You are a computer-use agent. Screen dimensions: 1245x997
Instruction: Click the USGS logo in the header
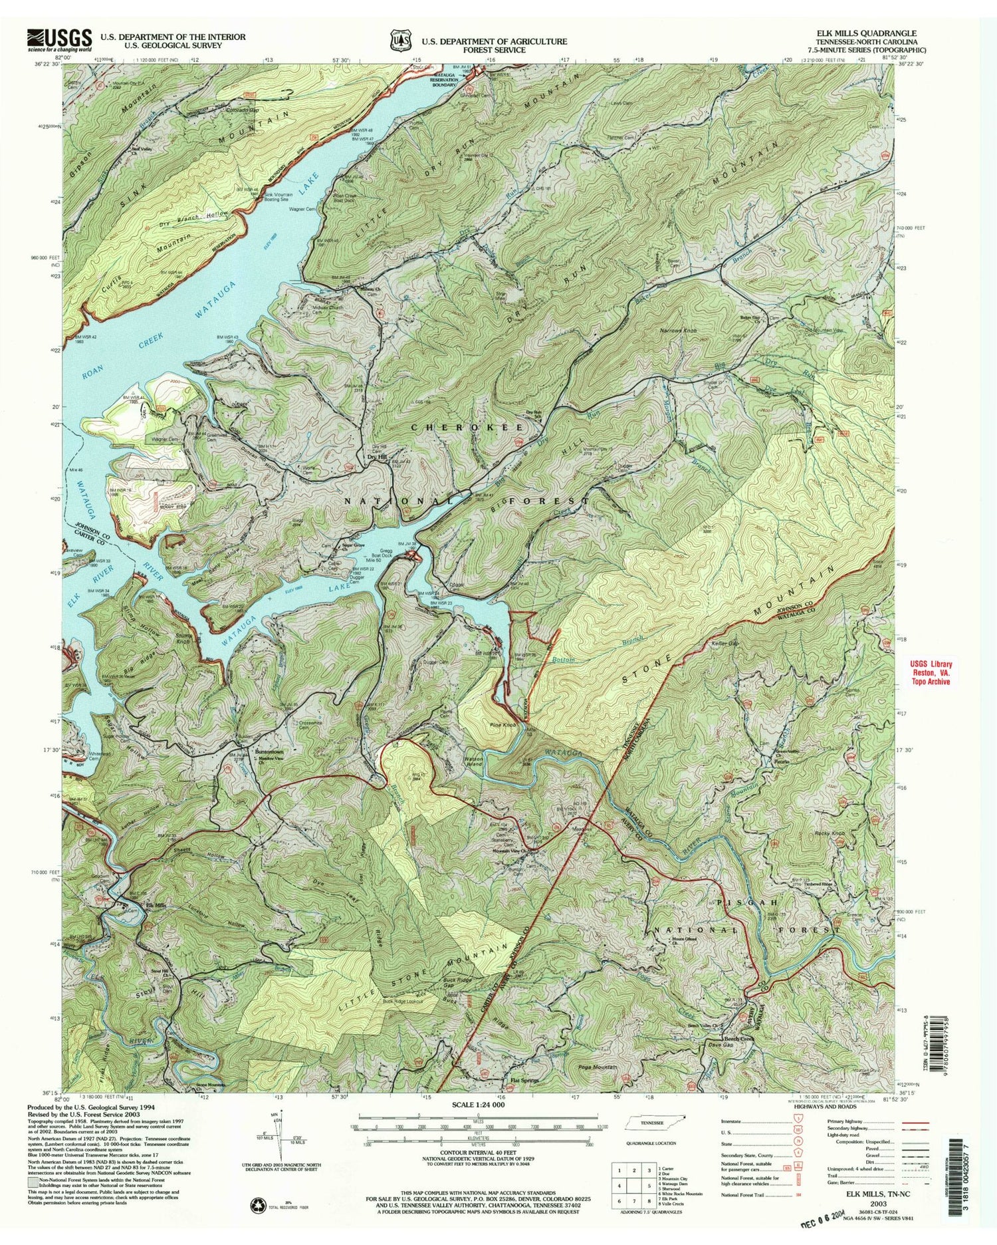point(58,39)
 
